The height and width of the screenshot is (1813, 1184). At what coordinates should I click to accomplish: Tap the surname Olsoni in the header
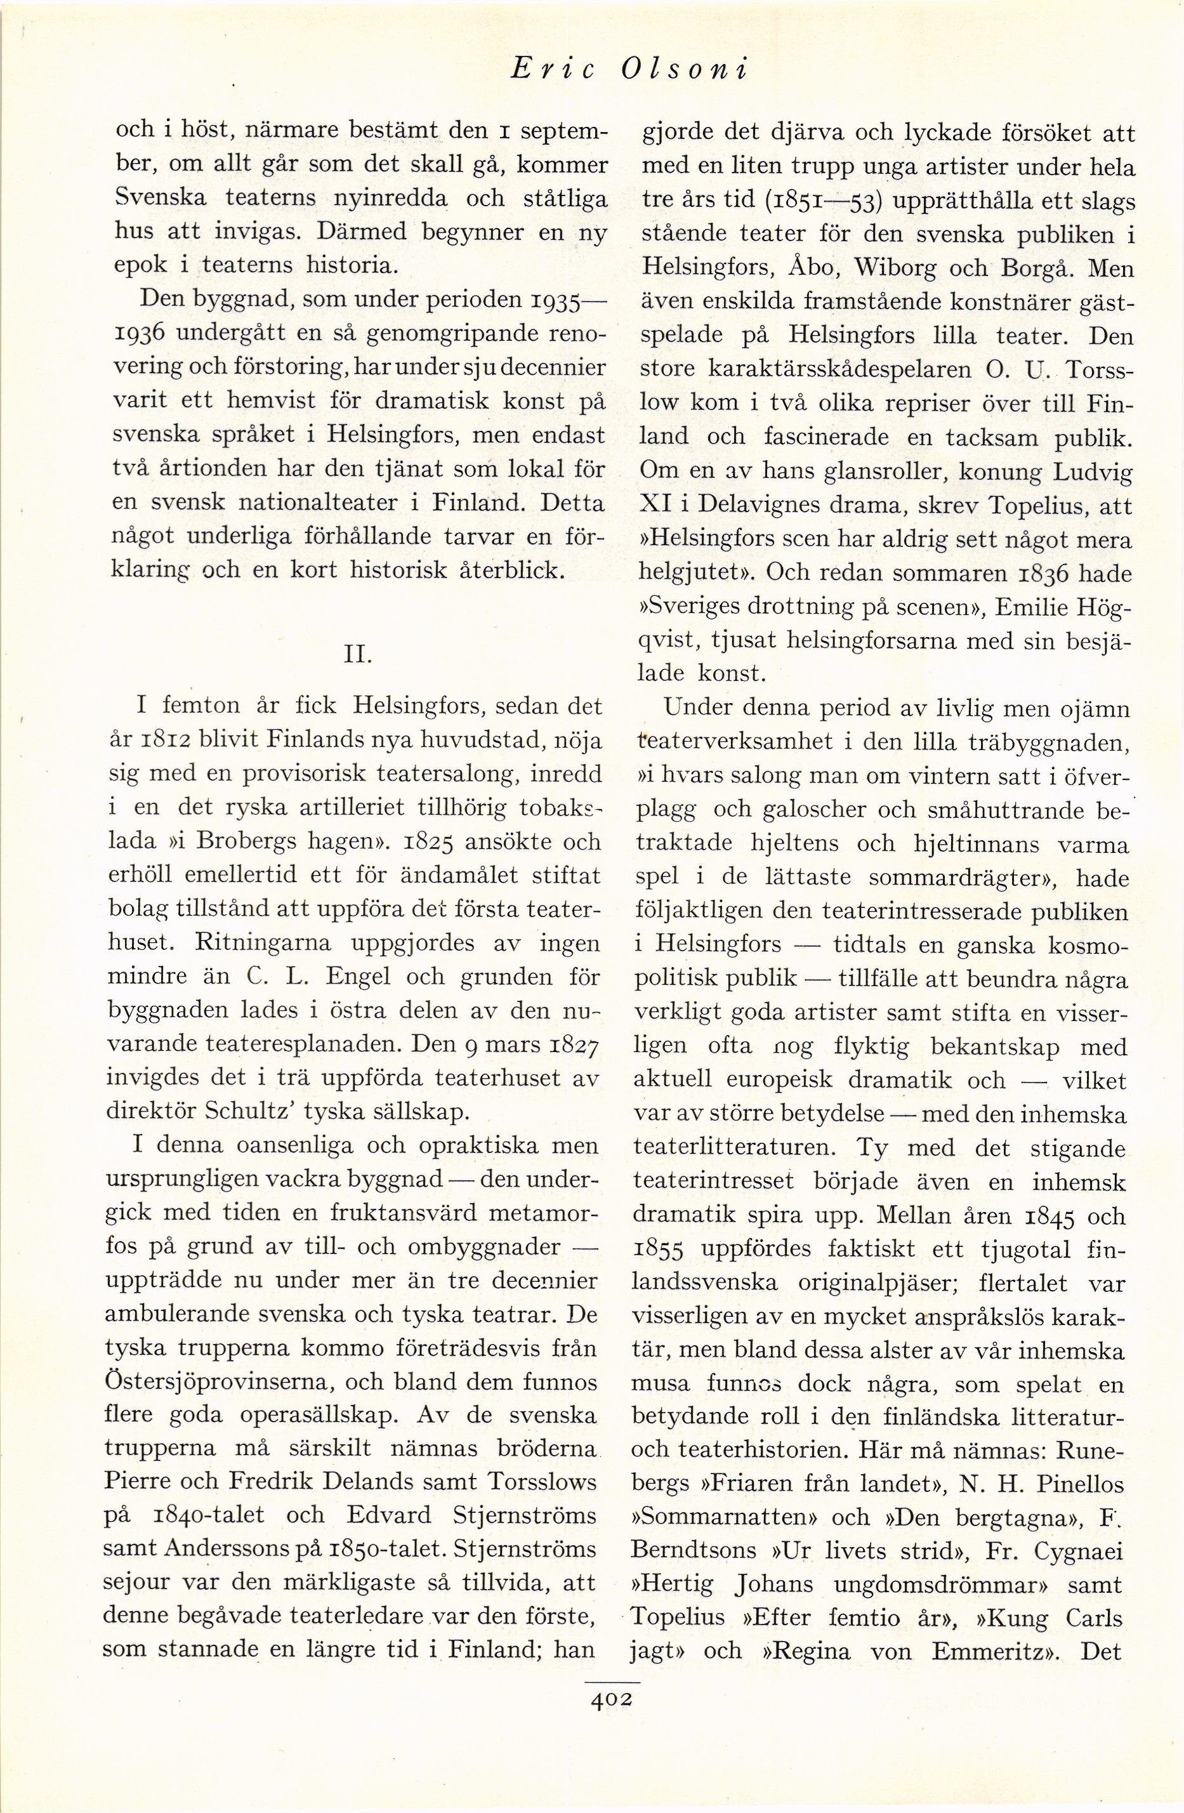[684, 70]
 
